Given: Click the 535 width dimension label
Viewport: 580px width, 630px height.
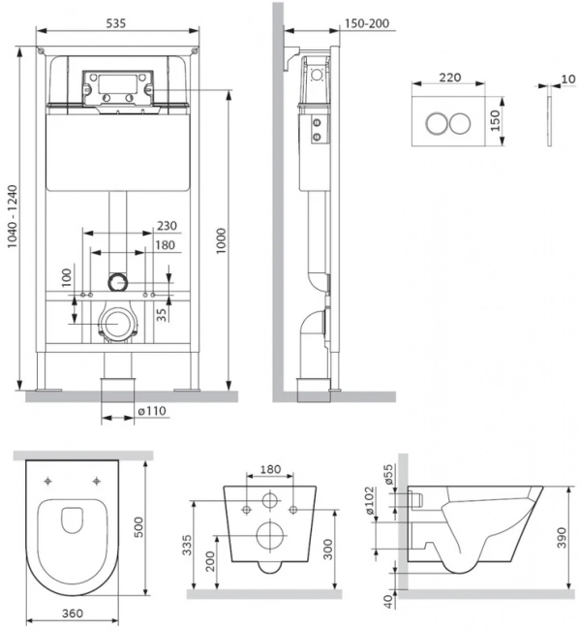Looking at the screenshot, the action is pos(115,23).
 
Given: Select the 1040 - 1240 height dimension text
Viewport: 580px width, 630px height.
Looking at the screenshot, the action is pos(13,216).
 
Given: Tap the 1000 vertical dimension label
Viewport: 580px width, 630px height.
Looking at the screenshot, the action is pos(221,240).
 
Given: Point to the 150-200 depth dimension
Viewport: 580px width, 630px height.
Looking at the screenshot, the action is pos(367,23).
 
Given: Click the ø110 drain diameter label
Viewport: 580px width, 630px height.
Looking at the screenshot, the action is pos(152,411).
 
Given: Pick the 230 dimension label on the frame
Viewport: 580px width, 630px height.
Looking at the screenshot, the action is pos(167,226).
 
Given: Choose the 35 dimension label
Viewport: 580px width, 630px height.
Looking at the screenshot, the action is pos(162,314).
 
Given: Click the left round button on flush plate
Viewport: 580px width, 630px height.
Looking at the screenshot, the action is pos(437,122).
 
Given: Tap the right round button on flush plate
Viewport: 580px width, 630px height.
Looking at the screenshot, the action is pos(460,122).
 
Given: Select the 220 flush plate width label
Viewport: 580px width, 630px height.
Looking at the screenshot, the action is pos(449,78).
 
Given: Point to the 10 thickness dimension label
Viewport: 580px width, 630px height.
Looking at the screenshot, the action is pos(568,79).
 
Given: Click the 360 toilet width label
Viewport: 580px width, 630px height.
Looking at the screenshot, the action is pos(73,614).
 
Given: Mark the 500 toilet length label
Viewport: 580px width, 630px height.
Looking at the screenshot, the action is pos(138,527).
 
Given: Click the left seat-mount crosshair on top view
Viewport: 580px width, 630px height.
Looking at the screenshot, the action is pos(48,481).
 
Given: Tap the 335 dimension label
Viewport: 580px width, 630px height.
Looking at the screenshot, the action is pos(187,545).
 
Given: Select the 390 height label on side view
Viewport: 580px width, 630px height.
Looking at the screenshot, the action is pos(562,538).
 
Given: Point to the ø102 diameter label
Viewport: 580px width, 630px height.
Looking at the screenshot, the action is pos(369,501).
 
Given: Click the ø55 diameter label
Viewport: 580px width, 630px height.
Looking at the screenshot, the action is pos(388,474).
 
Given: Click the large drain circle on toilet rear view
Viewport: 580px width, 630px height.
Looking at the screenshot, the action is pos(270,535).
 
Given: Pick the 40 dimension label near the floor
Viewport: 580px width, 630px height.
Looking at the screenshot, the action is pos(388,602).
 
